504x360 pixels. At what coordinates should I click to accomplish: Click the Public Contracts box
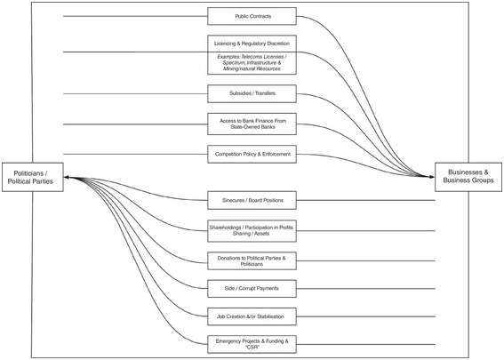pos(253,16)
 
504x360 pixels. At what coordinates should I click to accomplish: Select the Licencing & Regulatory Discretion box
pos(253,43)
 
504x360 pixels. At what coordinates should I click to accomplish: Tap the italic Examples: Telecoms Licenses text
pos(253,62)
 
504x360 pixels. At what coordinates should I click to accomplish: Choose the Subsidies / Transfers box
pos(253,92)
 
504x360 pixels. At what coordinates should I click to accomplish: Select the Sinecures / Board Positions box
pos(253,199)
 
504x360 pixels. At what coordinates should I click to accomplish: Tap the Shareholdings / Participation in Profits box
pos(253,229)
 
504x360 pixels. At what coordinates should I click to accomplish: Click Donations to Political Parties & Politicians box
pos(253,260)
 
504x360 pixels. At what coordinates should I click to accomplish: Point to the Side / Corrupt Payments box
pos(253,290)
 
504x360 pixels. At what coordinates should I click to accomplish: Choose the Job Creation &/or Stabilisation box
pos(253,315)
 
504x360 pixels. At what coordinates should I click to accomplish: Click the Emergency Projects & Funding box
pos(253,343)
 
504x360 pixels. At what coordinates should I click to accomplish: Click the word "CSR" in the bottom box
pos(253,348)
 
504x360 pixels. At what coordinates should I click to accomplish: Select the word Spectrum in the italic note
pos(230,62)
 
